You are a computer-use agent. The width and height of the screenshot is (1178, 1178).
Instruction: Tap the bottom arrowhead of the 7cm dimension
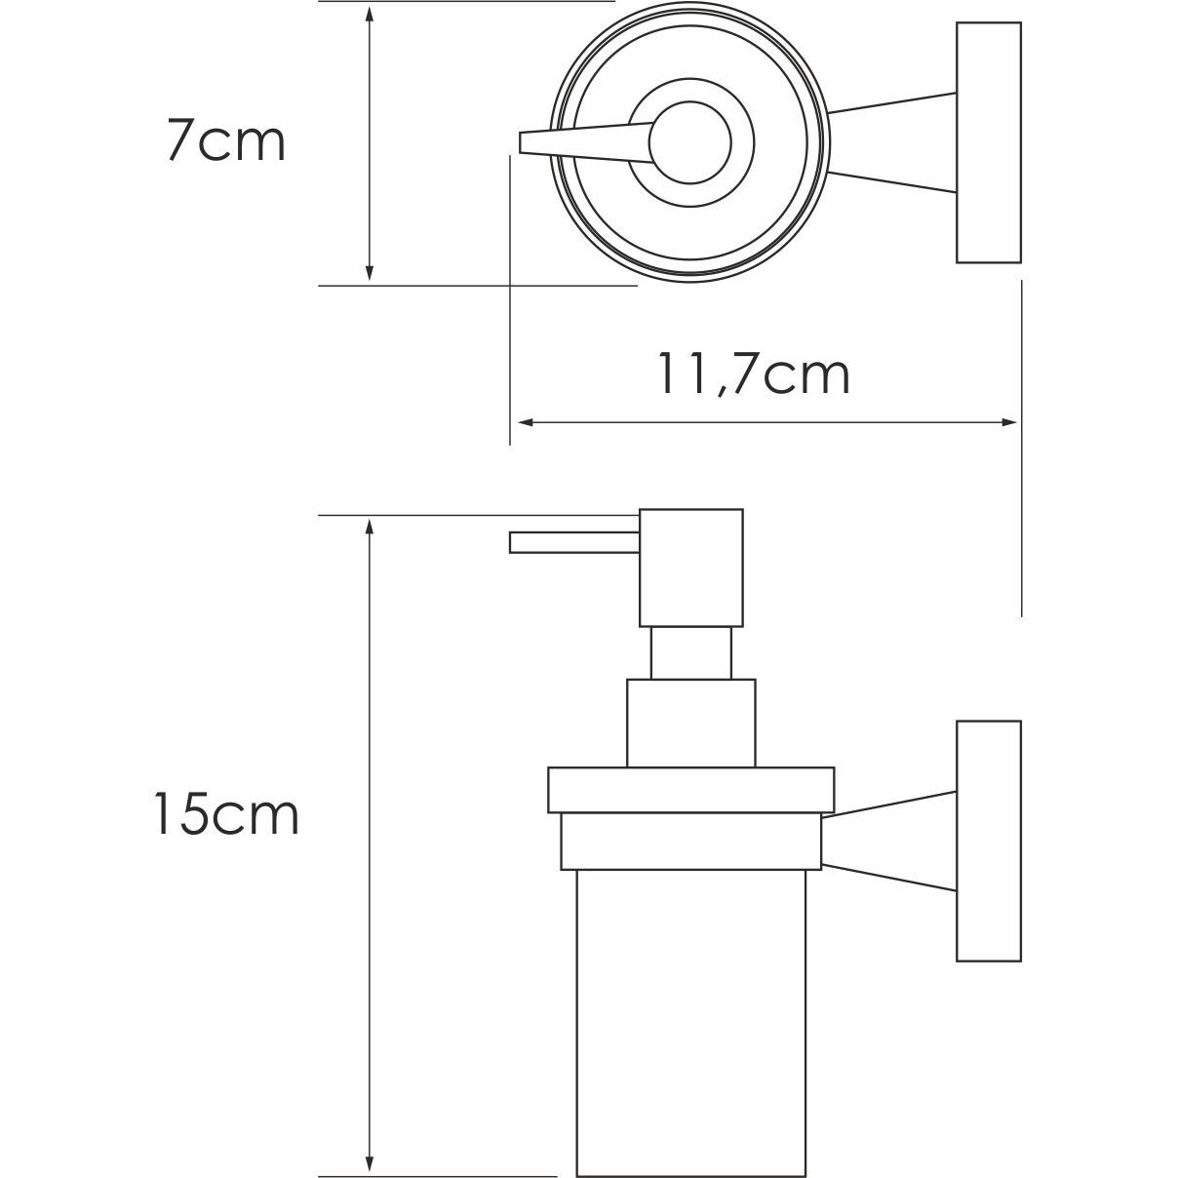pos(369,273)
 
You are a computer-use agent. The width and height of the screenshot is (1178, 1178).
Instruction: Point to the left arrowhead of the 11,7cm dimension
pos(524,422)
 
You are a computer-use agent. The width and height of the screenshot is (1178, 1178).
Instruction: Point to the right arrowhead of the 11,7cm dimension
pos(1009,422)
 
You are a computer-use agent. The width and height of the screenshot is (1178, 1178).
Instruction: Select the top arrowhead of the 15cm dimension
pos(369,528)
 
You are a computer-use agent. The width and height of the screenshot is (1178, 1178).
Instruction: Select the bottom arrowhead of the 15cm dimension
pos(369,1167)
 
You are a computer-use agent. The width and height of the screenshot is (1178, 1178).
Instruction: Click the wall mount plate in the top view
pos(988,142)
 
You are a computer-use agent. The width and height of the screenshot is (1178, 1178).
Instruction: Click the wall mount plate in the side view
pos(988,841)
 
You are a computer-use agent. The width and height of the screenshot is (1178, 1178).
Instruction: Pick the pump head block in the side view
pos(690,567)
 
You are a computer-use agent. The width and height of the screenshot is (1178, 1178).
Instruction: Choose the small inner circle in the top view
pos(690,142)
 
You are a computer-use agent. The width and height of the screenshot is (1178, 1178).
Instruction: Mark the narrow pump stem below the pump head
pos(690,652)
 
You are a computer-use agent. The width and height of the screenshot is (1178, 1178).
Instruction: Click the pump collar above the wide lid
pos(690,723)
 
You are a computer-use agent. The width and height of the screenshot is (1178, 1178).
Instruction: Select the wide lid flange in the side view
pos(690,791)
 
